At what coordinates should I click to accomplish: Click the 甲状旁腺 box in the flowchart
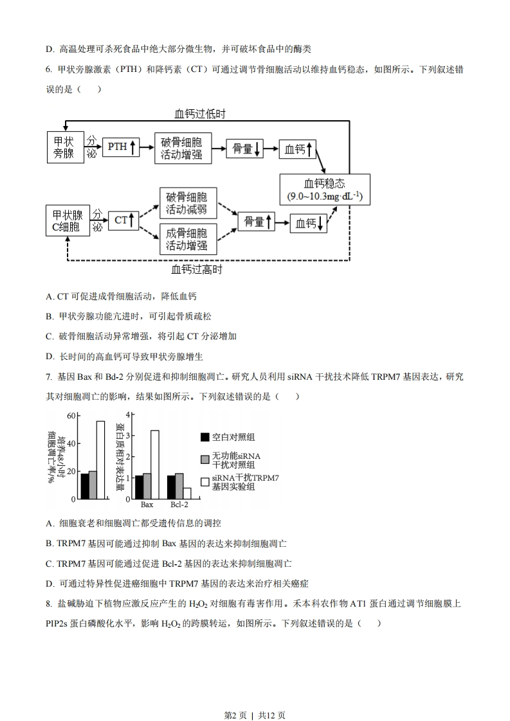pyautogui.click(x=66, y=147)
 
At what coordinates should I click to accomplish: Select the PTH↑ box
pyautogui.click(x=121, y=147)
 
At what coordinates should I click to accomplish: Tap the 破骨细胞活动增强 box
pyautogui.click(x=183, y=148)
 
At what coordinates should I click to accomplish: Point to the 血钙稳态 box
pyautogui.click(x=325, y=190)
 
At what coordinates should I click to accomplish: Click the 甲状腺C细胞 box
pyautogui.click(x=68, y=220)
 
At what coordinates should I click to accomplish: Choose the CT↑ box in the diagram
pyautogui.click(x=123, y=220)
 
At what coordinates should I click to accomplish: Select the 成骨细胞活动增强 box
pyautogui.click(x=188, y=239)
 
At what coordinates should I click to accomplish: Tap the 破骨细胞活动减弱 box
pyautogui.click(x=188, y=203)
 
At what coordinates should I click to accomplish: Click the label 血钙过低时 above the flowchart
pyautogui.click(x=200, y=114)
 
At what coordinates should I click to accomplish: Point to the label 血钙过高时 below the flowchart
pyautogui.click(x=197, y=269)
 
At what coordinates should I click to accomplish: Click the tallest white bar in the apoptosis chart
pyautogui.click(x=100, y=460)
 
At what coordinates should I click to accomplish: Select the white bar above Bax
pyautogui.click(x=155, y=465)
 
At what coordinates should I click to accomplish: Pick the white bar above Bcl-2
pyautogui.click(x=187, y=494)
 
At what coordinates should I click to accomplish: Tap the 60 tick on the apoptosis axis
pyautogui.click(x=71, y=416)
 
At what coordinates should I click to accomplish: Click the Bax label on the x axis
pyautogui.click(x=147, y=504)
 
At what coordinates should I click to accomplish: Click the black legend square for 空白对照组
pyautogui.click(x=205, y=437)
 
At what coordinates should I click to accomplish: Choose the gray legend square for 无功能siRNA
pyautogui.click(x=205, y=459)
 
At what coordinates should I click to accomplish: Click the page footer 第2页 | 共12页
pyautogui.click(x=255, y=715)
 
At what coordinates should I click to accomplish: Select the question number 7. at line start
pyautogui.click(x=49, y=377)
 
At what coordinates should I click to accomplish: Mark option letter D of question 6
pyautogui.click(x=50, y=357)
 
